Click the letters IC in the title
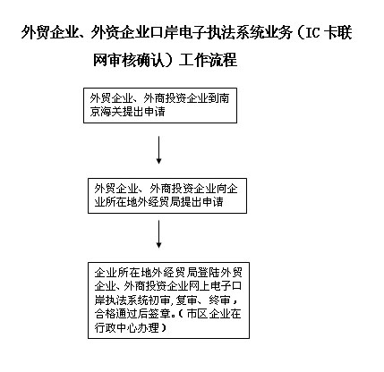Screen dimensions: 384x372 coord(311,32)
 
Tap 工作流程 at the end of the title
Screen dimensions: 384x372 coord(208,60)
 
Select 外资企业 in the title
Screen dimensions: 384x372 coord(119,32)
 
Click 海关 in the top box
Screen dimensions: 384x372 coord(111,112)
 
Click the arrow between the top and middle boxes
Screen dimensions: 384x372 coord(158,150)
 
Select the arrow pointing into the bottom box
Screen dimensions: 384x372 coord(158,234)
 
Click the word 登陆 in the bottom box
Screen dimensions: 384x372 coord(209,273)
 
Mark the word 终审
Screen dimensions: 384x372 coord(219,300)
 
